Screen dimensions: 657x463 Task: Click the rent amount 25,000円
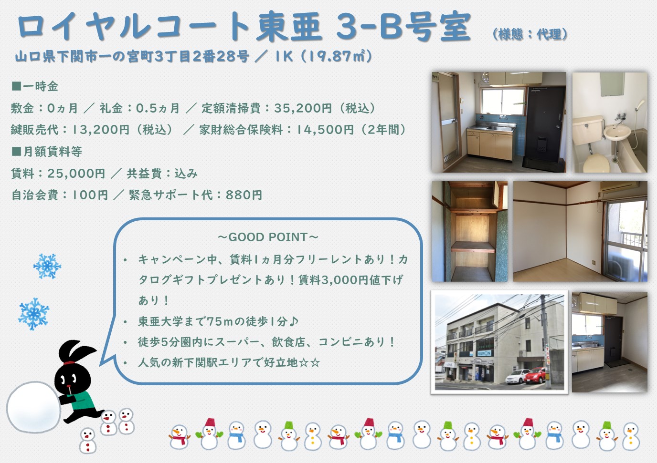(76, 174)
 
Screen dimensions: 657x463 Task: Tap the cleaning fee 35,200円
(303, 108)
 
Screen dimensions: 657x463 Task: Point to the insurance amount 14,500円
(325, 130)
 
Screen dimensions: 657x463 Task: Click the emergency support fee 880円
(244, 195)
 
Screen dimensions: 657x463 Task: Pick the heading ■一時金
(35, 86)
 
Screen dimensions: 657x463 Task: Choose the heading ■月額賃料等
(47, 152)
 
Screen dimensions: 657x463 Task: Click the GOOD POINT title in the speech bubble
(268, 237)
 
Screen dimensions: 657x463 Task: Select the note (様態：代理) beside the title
(530, 34)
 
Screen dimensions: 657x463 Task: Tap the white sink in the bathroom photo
(617, 133)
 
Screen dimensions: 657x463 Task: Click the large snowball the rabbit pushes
(33, 407)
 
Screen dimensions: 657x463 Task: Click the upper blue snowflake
(47, 266)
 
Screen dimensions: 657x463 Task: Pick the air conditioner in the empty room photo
(619, 187)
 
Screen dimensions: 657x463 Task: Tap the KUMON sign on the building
(484, 353)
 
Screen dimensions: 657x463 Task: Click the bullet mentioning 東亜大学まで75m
(218, 321)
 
